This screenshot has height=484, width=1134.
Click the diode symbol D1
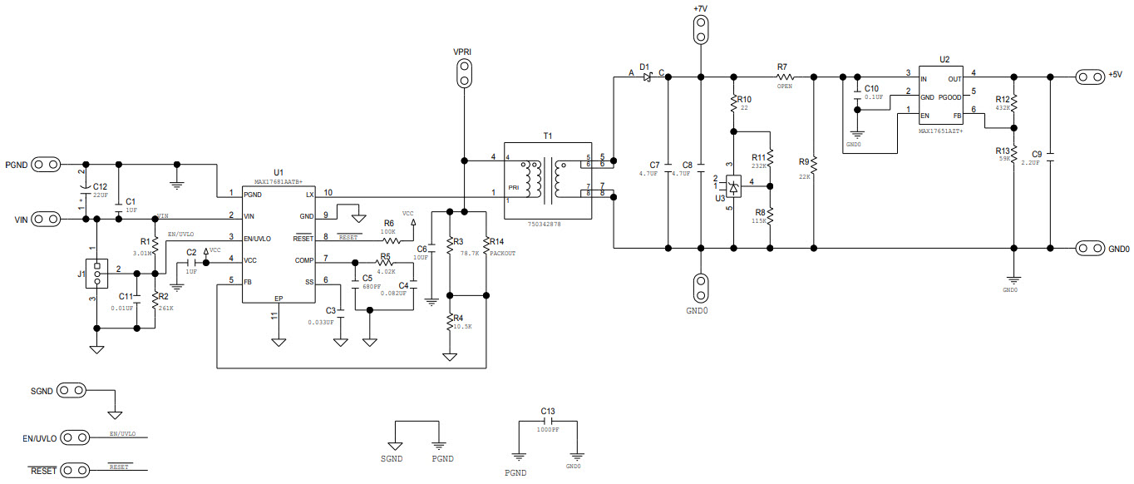646,77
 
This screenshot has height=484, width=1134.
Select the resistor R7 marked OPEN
783,77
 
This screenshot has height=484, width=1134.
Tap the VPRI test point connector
463,74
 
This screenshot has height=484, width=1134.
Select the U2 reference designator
944,60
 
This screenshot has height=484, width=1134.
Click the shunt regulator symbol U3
734,185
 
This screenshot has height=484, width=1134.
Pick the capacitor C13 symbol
548,422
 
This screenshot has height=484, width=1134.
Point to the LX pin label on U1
309,194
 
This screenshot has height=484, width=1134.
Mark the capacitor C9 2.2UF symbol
1049,155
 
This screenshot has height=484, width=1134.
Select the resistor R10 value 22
745,108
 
